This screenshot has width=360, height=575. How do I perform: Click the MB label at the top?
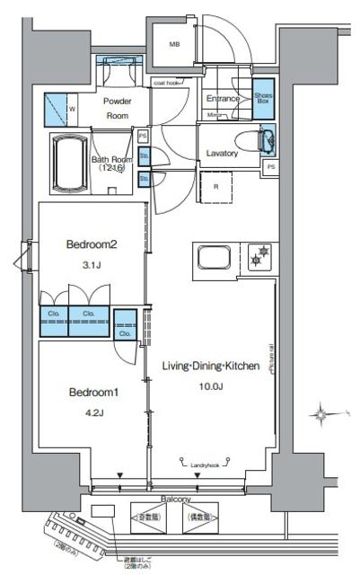[175, 44]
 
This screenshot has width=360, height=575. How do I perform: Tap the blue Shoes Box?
[263, 99]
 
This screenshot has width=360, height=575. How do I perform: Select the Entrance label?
[224, 98]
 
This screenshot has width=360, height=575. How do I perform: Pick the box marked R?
[215, 186]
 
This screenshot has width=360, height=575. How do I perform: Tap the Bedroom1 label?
[89, 394]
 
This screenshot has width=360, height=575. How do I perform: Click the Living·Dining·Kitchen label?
[211, 367]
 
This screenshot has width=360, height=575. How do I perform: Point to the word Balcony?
[176, 499]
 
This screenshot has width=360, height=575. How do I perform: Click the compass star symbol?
[321, 414]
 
